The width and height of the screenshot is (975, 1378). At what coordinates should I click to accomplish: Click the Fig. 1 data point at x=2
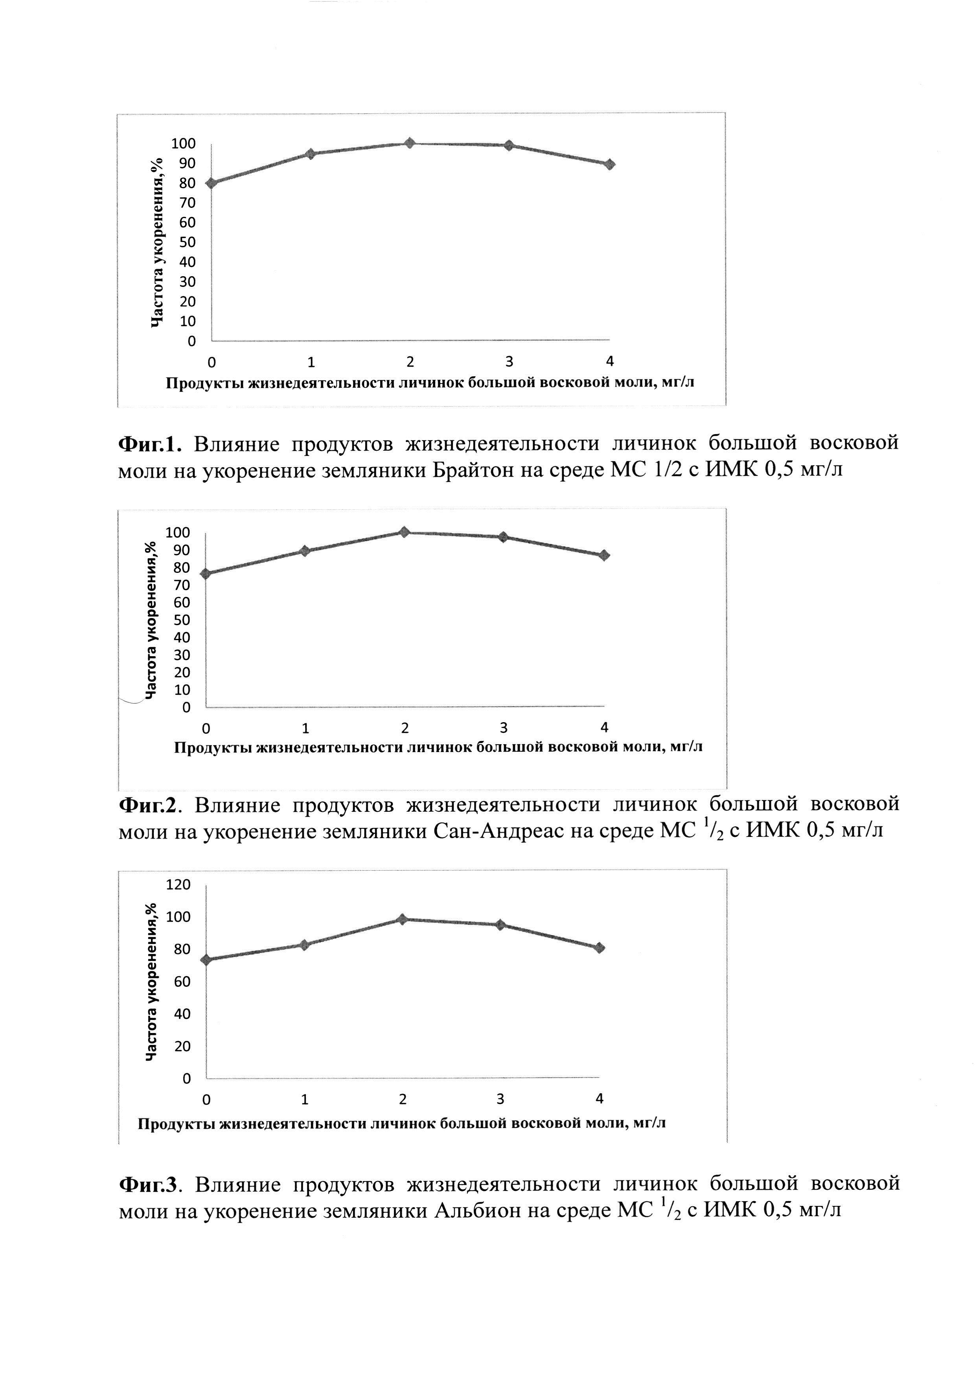(x=409, y=143)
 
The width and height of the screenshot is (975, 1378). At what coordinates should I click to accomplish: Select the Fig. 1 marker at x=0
(x=212, y=183)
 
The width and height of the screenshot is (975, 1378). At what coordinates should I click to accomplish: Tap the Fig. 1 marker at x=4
(x=609, y=164)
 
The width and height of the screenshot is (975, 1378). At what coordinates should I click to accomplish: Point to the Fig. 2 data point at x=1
(x=305, y=551)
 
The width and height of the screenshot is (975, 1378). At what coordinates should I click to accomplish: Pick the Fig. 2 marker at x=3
(x=503, y=537)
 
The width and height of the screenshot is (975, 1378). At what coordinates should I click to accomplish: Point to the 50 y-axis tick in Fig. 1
(x=187, y=242)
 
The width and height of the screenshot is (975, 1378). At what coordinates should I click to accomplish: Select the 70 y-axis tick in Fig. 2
(x=182, y=585)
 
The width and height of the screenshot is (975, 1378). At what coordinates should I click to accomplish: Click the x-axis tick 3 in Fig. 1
(x=509, y=362)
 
